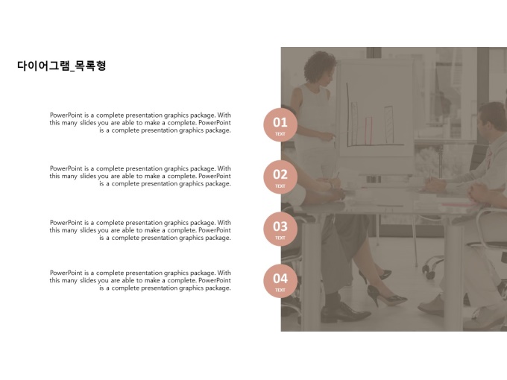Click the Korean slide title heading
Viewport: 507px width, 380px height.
click(x=61, y=66)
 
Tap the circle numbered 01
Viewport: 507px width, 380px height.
click(x=280, y=124)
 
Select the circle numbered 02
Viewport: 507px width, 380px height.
click(x=280, y=177)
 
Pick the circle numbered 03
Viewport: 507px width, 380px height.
click(x=280, y=229)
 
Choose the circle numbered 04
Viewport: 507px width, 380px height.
click(x=280, y=281)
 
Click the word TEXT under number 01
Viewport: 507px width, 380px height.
click(x=280, y=134)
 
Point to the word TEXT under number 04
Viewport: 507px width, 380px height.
click(x=280, y=290)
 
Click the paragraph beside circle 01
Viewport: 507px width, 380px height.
click(x=140, y=123)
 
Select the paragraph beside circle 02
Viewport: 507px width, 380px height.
click(x=140, y=176)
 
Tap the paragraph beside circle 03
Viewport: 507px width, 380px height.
click(x=140, y=230)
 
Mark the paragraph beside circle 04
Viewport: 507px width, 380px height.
click(x=140, y=280)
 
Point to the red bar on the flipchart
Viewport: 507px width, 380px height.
click(x=368, y=131)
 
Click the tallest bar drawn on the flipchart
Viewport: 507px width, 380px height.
click(x=388, y=124)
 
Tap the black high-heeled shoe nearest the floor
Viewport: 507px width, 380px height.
click(x=385, y=296)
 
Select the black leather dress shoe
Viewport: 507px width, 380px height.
click(x=344, y=312)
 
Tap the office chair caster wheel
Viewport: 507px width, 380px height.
click(x=430, y=275)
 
